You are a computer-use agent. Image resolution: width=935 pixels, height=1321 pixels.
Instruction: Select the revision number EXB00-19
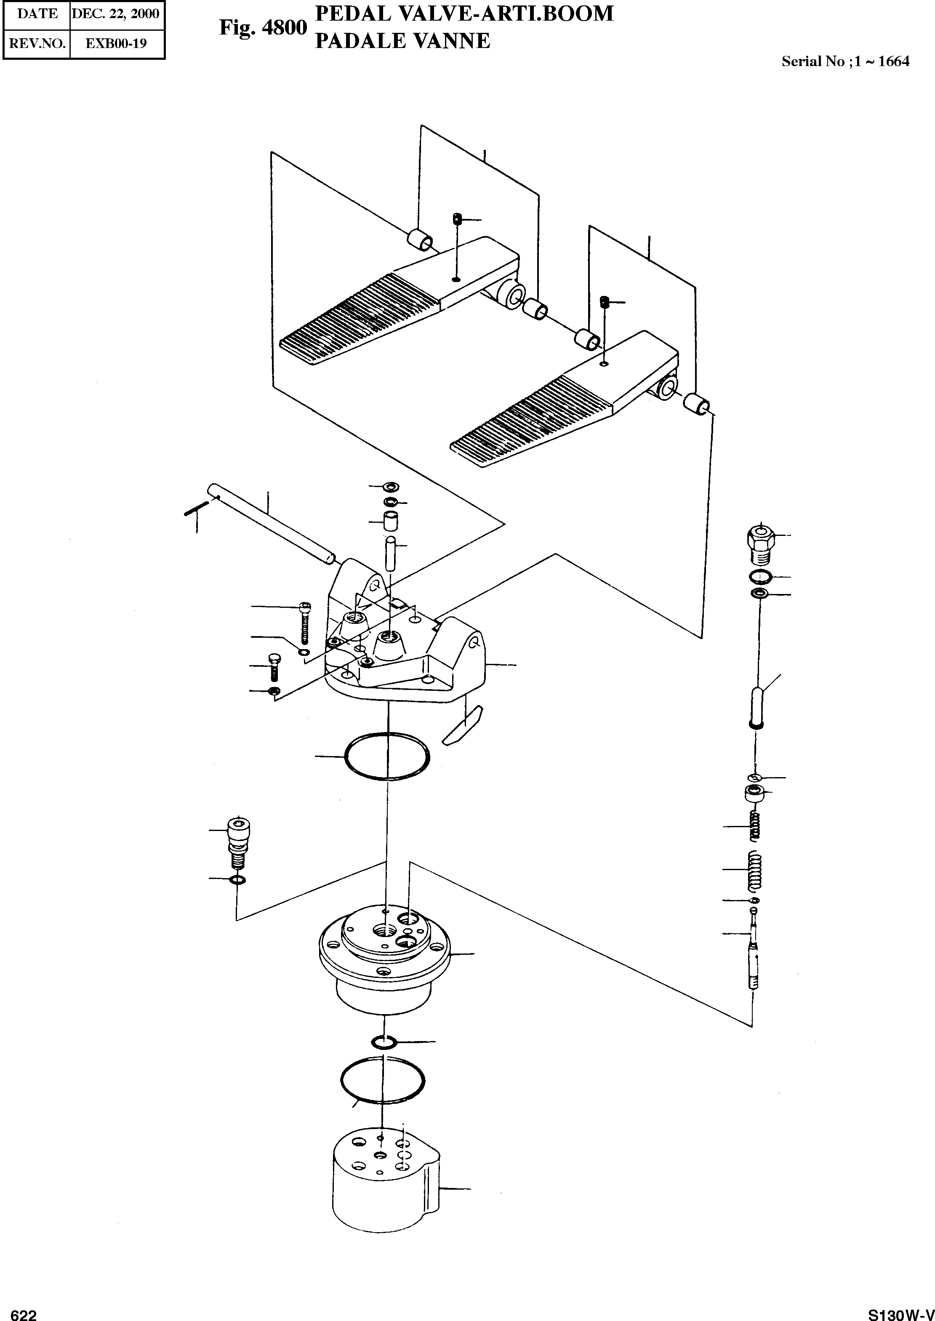tap(116, 43)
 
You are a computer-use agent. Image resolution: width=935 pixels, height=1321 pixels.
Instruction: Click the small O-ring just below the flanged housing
tap(383, 1042)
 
